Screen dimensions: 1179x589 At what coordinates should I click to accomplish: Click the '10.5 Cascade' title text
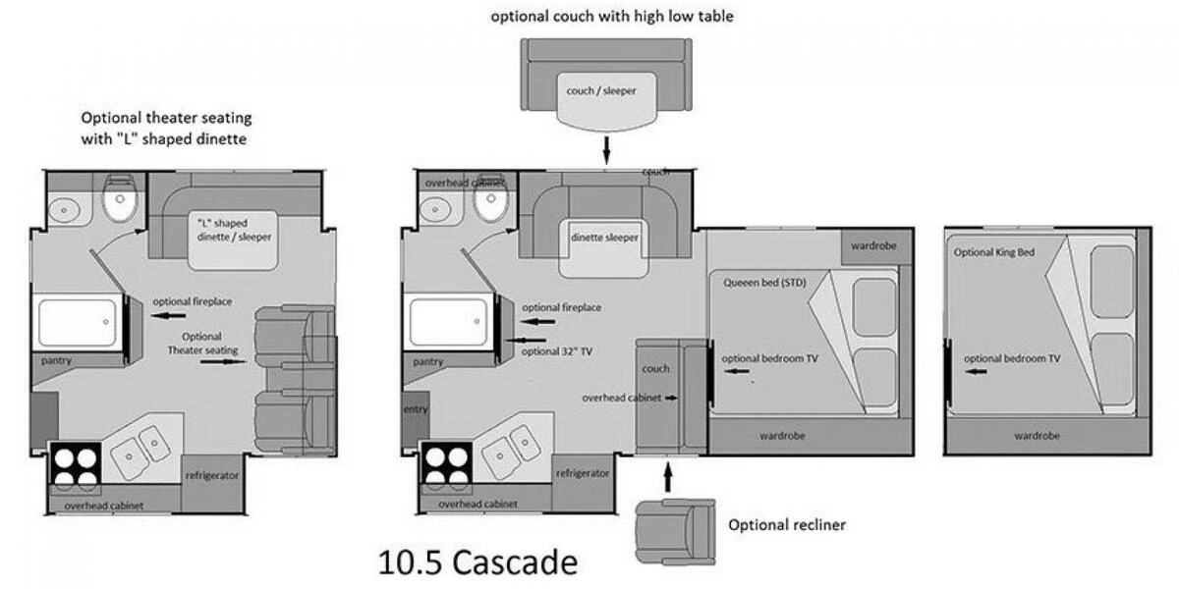[477, 562]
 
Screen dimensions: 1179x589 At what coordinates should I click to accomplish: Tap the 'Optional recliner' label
[787, 525]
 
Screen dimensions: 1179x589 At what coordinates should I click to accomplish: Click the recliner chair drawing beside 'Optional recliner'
[675, 532]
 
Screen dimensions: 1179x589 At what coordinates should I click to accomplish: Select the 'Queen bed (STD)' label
[764, 283]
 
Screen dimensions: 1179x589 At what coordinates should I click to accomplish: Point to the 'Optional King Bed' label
[994, 252]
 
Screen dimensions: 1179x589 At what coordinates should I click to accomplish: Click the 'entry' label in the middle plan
[416, 408]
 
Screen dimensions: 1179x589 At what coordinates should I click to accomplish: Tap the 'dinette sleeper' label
[604, 238]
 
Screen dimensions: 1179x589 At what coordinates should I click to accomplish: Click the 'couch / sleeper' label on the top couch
[601, 90]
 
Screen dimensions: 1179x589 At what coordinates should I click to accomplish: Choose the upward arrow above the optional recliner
[668, 477]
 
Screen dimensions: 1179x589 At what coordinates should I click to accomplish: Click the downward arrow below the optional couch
[606, 150]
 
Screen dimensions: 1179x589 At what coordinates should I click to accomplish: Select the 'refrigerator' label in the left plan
[212, 475]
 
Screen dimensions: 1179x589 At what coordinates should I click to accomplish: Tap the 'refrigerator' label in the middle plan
[583, 473]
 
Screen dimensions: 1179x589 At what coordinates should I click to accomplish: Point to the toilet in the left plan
[121, 198]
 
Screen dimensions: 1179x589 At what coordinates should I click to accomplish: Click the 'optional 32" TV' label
[557, 351]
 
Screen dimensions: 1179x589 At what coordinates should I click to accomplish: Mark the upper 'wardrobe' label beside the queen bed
[873, 245]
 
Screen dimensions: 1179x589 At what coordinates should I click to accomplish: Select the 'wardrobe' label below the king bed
[1037, 436]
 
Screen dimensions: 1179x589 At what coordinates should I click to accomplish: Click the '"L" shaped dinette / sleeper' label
[234, 230]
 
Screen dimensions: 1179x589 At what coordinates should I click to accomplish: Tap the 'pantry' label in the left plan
[56, 361]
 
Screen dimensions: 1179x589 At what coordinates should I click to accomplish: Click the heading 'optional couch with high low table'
[612, 17]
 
